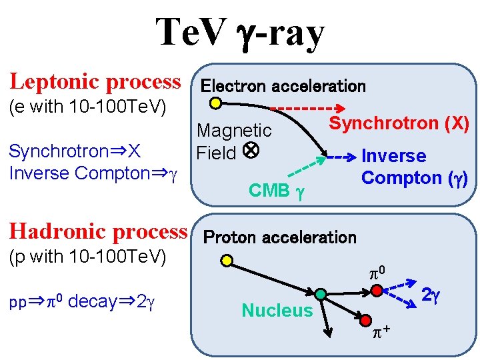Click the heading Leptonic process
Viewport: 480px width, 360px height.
95,82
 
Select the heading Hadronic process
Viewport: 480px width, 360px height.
98,231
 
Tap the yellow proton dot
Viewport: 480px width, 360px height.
227,261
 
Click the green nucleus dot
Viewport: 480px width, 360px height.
321,294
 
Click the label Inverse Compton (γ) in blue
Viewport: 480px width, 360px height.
414,167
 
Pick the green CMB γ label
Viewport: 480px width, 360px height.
276,191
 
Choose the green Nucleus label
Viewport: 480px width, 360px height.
277,310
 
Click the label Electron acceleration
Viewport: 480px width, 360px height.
283,86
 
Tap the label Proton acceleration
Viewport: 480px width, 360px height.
279,237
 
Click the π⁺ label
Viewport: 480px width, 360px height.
381,331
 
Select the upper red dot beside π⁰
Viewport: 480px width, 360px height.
377,291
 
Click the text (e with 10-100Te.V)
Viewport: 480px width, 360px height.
87,107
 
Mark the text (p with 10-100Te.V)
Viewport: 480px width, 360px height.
87,257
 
